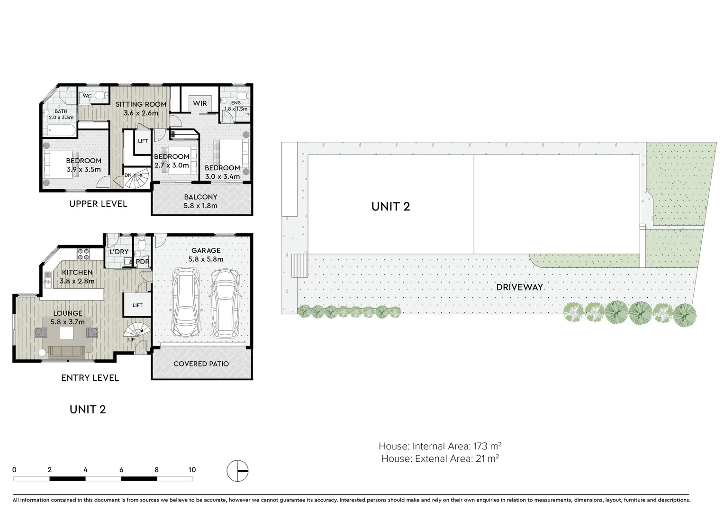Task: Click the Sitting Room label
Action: [141, 104]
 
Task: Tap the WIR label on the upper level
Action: [200, 103]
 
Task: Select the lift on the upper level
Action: [143, 141]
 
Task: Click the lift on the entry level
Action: [137, 305]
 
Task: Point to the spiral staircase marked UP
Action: [138, 331]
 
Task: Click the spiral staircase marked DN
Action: [138, 180]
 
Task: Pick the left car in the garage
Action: [186, 303]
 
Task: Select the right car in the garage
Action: [225, 303]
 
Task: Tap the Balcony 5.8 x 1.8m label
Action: [200, 201]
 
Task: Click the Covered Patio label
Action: [201, 364]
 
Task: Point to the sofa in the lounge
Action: [67, 352]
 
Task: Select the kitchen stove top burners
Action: [83, 254]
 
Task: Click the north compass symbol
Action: [237, 471]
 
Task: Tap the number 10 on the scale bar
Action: [191, 470]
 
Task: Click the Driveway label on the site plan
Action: [519, 287]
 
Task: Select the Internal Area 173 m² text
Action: [440, 446]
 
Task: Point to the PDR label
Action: [142, 262]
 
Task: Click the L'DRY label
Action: [119, 252]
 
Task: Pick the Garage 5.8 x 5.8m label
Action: [206, 255]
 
